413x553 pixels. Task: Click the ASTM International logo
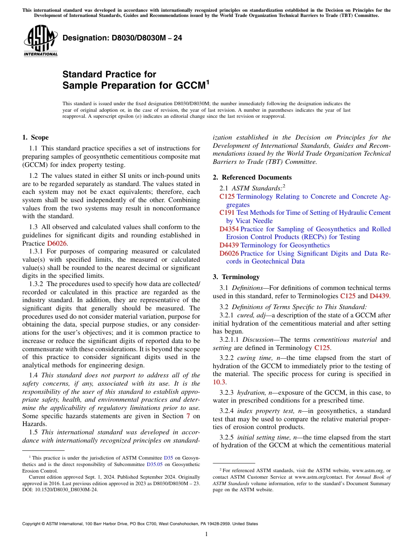coord(40,41)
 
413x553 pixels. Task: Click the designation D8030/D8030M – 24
coord(122,38)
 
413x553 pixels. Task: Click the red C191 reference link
coord(227,213)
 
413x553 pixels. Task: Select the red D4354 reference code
coord(229,229)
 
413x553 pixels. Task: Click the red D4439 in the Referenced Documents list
coord(229,245)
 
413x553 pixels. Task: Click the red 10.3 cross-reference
coord(220,382)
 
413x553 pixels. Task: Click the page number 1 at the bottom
coord(206,534)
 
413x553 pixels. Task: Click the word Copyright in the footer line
coord(33,524)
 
